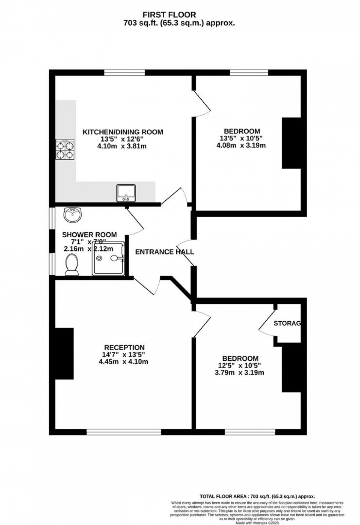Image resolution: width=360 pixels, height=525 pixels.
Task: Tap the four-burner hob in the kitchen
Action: tap(65, 150)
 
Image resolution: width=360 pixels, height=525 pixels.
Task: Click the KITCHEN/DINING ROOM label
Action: tap(123, 132)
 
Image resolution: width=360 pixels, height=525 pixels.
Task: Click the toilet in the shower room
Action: tap(72, 265)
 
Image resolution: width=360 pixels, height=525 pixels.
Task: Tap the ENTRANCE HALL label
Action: tap(165, 252)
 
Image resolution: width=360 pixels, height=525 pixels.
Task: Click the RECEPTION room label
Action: tap(124, 347)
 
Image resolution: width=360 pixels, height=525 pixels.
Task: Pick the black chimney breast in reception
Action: tap(64, 353)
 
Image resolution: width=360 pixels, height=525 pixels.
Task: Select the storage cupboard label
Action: tap(288, 324)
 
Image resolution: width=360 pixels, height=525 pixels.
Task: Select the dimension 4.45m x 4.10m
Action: tap(123, 362)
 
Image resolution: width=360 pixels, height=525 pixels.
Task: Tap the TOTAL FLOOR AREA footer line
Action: tap(257, 496)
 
